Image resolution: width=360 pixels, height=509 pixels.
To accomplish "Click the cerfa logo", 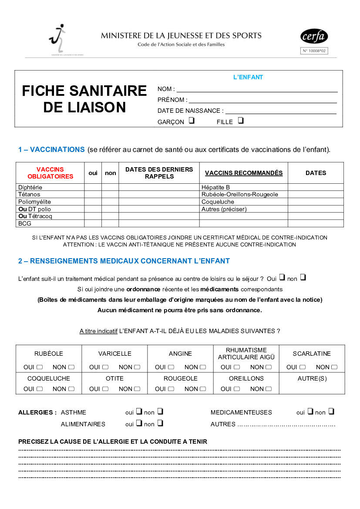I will pos(314,37).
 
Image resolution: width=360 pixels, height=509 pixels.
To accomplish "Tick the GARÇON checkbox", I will pos(192,121).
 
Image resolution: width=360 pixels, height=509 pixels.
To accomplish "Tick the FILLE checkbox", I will pos(241,121).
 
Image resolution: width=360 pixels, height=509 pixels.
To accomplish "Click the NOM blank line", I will pos(257,90).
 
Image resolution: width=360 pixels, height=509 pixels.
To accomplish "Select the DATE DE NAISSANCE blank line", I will pos(281,111).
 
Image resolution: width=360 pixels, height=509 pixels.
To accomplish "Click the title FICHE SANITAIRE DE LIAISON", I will pos(84,99).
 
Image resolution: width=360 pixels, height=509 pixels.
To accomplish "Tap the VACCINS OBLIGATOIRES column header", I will pos(50,173).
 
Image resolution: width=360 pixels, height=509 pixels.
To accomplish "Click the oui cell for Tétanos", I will pos(93,195).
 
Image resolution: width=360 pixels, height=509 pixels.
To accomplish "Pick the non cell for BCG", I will pos(110,224).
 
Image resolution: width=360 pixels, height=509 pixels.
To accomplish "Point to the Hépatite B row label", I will pos(215,187).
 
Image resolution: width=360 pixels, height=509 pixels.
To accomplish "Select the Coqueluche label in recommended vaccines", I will pos(218,202).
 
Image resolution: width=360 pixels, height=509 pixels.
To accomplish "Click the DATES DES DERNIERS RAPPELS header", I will pos(159,173).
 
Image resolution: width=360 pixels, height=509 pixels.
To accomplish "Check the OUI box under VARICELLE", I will pos(106,367).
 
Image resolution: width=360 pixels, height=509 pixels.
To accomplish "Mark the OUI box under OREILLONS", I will pos(237,389).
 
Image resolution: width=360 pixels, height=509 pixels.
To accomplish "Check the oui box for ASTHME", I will pos(139,411).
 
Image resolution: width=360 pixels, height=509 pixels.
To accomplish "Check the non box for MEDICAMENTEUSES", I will pos(331,411).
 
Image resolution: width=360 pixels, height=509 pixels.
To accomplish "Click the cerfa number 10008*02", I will pos(314,51).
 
